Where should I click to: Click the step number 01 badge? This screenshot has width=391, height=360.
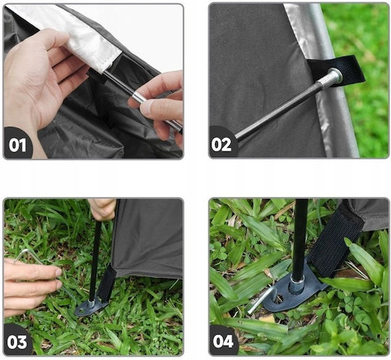pyautogui.click(x=17, y=145)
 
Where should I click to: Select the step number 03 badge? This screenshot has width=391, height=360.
pyautogui.click(x=17, y=342)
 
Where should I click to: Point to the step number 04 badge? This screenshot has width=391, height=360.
pyautogui.click(x=223, y=341)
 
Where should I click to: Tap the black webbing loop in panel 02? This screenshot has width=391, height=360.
pyautogui.click(x=339, y=70)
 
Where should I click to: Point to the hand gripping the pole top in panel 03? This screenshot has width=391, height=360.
pyautogui.click(x=103, y=209)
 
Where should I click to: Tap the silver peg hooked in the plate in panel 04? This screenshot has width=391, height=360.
pyautogui.click(x=262, y=299)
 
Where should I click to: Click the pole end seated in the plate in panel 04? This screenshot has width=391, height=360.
pyautogui.click(x=298, y=285)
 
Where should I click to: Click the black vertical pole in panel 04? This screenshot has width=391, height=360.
pyautogui.click(x=300, y=240)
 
